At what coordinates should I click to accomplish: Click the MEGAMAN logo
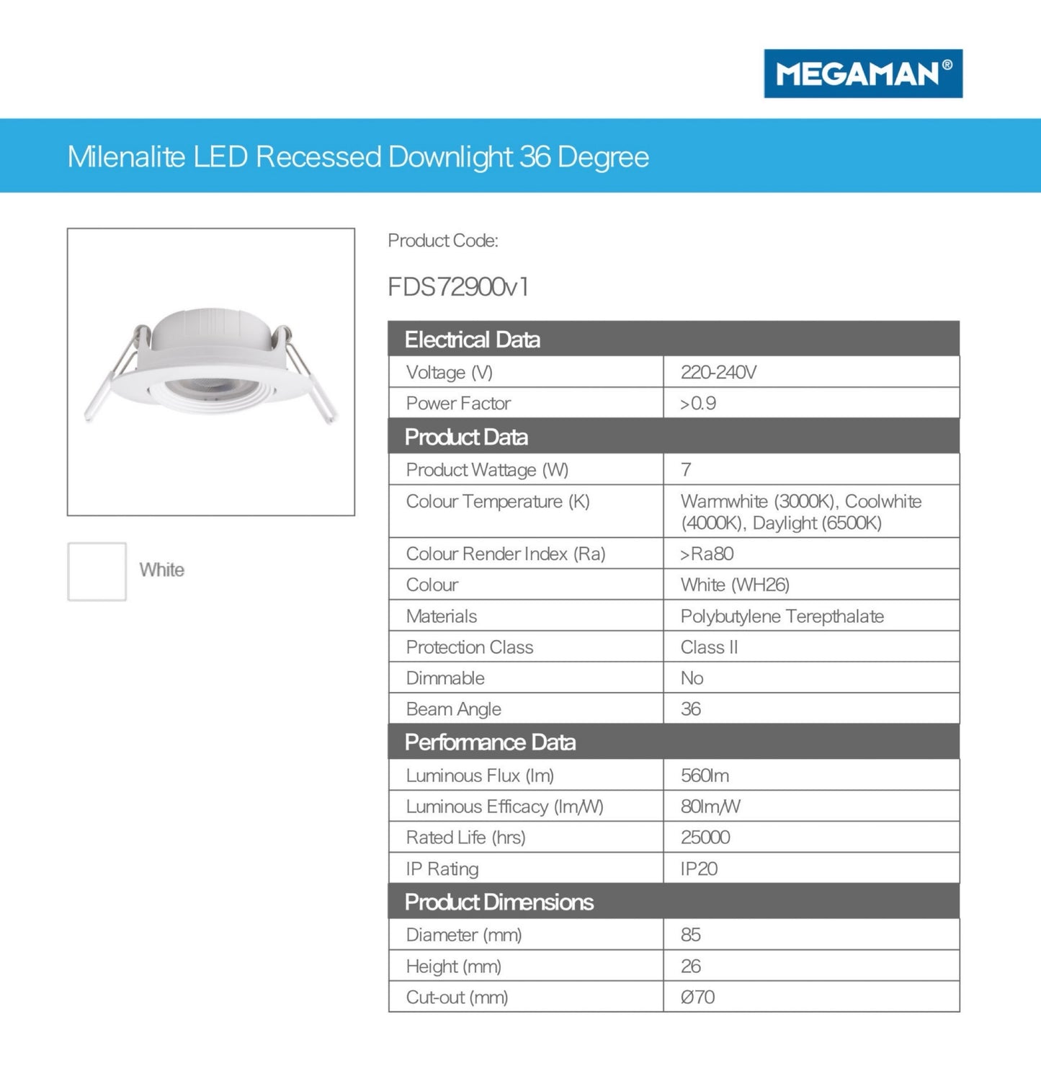point(862,74)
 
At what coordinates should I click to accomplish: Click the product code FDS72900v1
point(458,287)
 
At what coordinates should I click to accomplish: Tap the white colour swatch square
point(97,571)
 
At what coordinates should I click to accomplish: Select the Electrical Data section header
point(472,340)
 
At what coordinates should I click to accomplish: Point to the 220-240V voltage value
point(718,372)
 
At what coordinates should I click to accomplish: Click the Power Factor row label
point(458,403)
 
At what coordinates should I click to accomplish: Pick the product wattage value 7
point(686,470)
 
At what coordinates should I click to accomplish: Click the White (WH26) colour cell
point(735,585)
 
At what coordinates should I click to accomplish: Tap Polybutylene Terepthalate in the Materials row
point(782,616)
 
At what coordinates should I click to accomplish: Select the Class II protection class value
point(709,647)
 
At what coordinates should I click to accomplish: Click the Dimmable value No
point(692,678)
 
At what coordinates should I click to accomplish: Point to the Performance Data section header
point(490,742)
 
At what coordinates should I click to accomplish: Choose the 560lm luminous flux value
point(705,776)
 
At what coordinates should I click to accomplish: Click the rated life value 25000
point(705,838)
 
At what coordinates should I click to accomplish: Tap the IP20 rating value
point(699,869)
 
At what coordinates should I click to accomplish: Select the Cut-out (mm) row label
point(457,998)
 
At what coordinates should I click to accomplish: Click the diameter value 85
point(690,935)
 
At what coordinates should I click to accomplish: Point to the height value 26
point(690,967)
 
